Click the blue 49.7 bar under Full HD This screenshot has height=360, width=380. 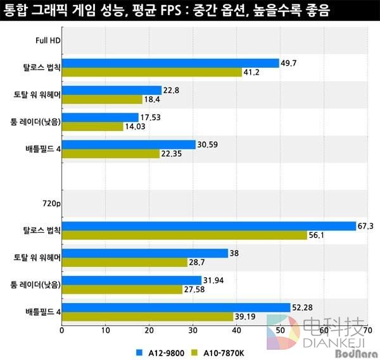170,63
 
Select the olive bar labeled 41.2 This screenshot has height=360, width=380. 152,72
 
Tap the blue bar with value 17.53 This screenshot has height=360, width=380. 100,117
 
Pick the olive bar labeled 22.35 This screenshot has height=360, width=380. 111,153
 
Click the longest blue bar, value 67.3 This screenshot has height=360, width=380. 209,226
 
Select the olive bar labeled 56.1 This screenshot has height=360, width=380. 184,235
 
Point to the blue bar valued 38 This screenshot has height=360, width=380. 145,253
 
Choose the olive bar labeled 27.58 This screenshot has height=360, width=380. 122,289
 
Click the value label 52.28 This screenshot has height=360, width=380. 302,307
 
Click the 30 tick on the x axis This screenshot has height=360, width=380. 193,330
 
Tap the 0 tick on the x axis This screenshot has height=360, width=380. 61,330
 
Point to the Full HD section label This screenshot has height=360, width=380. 47,42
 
